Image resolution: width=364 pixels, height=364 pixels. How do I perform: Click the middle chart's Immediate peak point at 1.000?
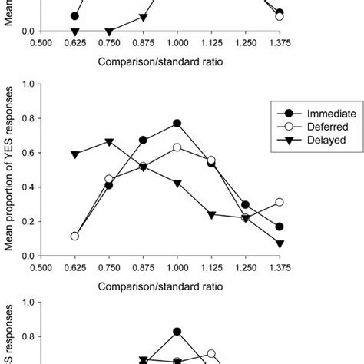(x=177, y=123)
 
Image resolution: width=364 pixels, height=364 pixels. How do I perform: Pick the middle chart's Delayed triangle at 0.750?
(x=109, y=142)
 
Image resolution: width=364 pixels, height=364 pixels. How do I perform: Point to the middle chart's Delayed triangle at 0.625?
(x=74, y=154)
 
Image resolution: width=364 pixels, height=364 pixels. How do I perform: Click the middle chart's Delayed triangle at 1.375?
(x=280, y=243)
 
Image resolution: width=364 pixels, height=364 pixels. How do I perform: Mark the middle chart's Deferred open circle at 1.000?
(x=177, y=147)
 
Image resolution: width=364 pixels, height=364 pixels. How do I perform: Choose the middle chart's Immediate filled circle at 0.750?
(x=109, y=185)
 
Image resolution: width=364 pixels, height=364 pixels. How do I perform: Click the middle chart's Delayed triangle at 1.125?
(x=211, y=214)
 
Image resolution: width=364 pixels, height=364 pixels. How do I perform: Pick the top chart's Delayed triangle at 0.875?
(x=143, y=17)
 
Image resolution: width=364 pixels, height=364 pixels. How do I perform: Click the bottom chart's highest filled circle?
(x=177, y=332)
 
